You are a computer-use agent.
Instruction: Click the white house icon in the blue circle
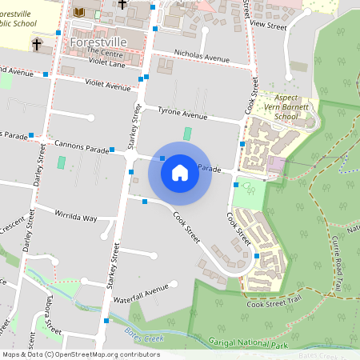tap(180, 173)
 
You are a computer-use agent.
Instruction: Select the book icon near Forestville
tap(78, 12)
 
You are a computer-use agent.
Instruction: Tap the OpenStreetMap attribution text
tap(81, 354)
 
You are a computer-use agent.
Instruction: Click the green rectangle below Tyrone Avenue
tap(188, 134)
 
